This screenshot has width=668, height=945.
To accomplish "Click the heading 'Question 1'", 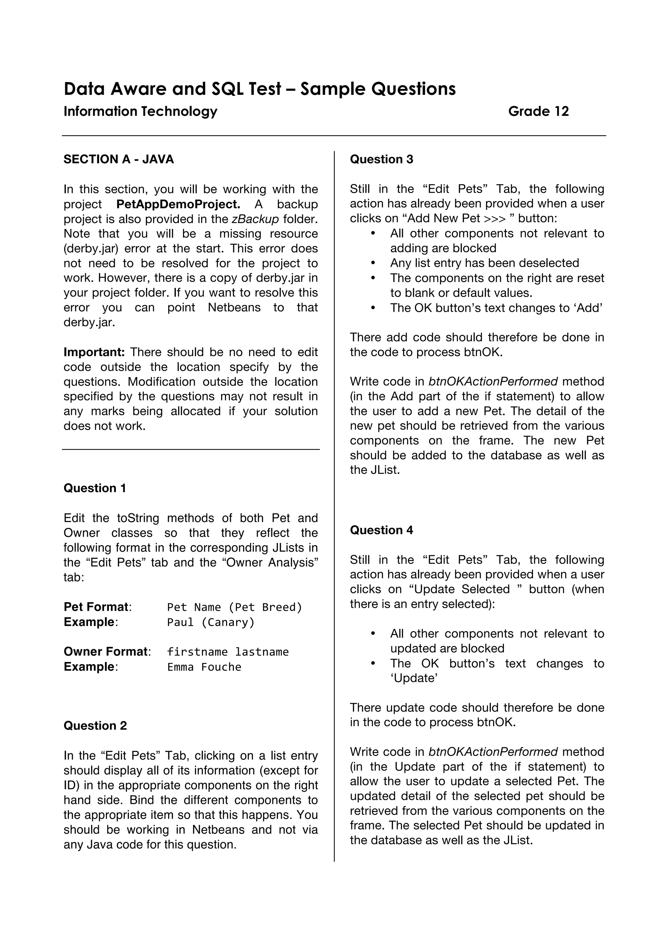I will pos(95,488).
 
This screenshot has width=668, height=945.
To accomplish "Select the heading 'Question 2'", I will pos(95,726).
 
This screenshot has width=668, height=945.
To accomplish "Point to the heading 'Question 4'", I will pos(381,530).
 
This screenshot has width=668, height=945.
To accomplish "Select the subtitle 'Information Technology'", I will pos(140,111).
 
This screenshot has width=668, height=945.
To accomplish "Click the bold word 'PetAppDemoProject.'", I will pos(178,204).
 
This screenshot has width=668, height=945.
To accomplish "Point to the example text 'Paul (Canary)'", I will pos(211,622).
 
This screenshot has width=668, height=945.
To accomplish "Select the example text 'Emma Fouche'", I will pos(204,667).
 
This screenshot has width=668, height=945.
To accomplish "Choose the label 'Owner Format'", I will pos(106,652).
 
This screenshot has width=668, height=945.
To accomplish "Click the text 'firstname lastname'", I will pos(228,652).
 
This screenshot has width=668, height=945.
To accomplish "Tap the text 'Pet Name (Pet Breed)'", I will pos(235,607).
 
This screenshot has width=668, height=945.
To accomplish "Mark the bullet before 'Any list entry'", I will pos(373,263).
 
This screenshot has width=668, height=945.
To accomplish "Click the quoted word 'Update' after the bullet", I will pos(414,678).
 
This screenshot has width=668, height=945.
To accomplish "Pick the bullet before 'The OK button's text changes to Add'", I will pos(373,308).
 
